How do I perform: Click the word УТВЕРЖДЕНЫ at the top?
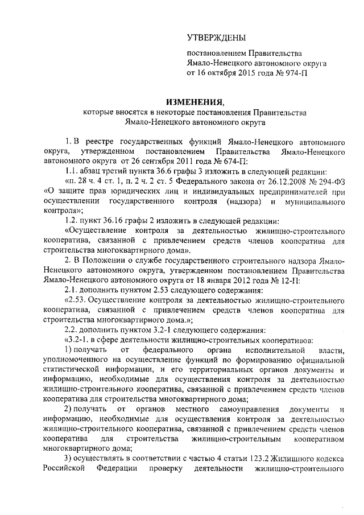click(x=217, y=38)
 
